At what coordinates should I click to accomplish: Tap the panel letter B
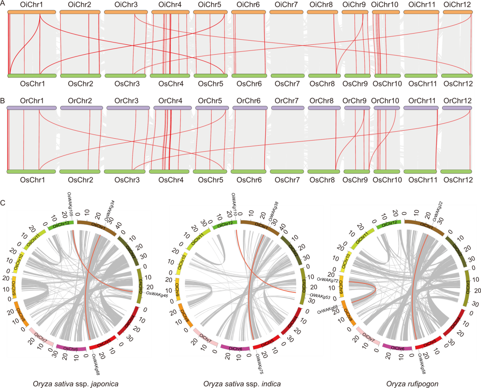pos(3,100)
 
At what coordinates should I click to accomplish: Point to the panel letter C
pos(3,203)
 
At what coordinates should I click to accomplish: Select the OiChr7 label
pos(285,5)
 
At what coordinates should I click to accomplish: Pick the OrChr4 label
pos(170,100)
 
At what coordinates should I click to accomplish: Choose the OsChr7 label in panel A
pos(285,84)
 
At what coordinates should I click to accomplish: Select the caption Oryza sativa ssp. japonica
pos(76,384)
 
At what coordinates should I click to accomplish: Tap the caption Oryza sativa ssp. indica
pos(242,384)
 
